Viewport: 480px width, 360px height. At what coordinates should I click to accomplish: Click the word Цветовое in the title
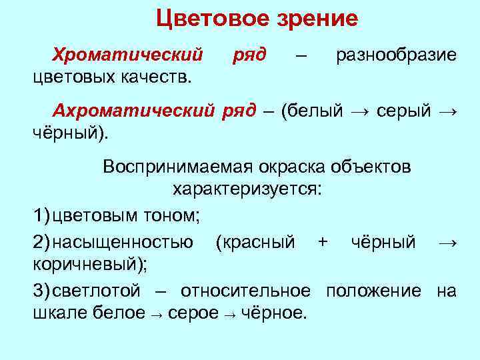click(212, 18)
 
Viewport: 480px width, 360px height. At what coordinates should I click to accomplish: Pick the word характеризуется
click(247, 189)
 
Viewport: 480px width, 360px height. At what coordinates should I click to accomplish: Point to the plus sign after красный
click(323, 241)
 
